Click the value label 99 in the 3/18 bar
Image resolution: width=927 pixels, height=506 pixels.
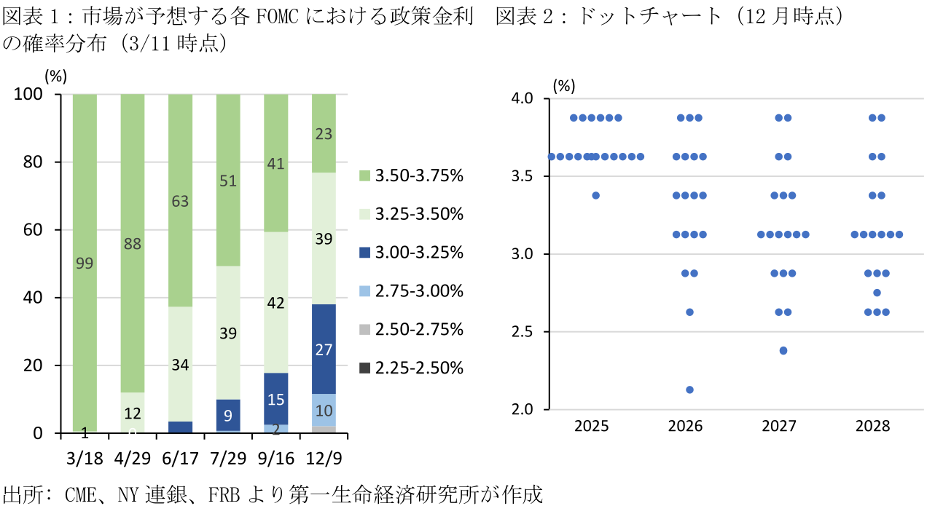85,264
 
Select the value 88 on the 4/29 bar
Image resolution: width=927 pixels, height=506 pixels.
133,245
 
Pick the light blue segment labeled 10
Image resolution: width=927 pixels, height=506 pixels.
324,410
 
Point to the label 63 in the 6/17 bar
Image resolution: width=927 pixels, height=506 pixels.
180,200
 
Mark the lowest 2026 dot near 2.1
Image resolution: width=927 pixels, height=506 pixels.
689,390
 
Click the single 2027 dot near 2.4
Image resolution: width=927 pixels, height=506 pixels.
783,350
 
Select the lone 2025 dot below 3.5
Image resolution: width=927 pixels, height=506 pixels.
596,195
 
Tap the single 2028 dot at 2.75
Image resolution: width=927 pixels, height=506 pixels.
877,293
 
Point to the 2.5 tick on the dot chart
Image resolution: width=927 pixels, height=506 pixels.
523,332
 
